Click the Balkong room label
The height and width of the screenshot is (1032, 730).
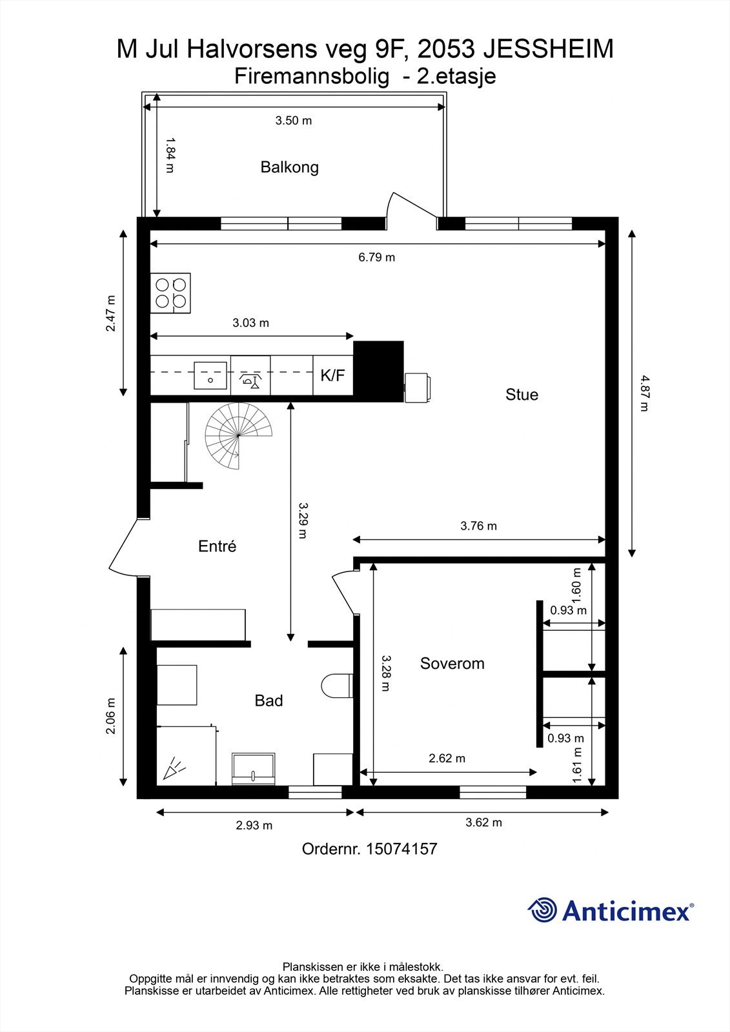click(290, 167)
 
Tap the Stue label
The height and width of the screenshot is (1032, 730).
click(522, 395)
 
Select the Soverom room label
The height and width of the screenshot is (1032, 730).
click(452, 664)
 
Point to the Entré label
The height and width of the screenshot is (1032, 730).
click(218, 546)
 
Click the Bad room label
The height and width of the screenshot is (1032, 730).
click(269, 700)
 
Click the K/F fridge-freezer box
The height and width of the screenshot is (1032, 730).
click(333, 375)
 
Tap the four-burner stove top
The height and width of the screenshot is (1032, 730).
click(170, 293)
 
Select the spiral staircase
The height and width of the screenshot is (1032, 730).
click(238, 436)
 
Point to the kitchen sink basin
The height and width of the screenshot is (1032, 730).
click(210, 375)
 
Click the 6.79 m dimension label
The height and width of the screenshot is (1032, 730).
click(377, 257)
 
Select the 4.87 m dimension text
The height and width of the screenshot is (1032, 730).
click(645, 393)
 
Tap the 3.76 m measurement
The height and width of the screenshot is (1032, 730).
click(479, 526)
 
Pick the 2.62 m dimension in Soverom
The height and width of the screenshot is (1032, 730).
click(447, 758)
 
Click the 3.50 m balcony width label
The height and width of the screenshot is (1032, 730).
click(294, 121)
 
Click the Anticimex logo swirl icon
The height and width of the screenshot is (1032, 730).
click(542, 910)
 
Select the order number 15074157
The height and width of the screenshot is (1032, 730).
click(401, 849)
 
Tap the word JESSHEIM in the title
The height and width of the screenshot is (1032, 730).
click(549, 49)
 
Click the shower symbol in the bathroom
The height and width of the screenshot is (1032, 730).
click(174, 768)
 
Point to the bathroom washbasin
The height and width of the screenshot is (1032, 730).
click(254, 769)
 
